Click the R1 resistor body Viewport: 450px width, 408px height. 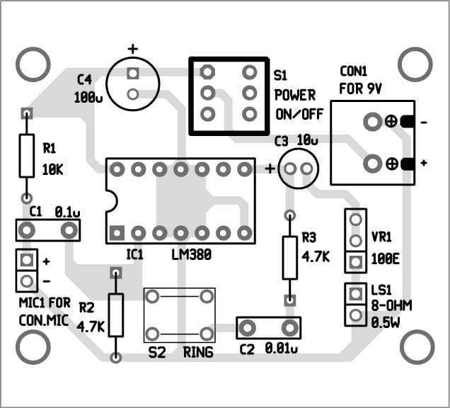[26, 156]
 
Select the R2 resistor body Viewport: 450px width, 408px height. [115, 314]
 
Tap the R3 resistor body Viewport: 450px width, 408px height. [289, 258]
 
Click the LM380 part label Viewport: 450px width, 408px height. [192, 253]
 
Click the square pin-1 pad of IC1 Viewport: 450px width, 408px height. [117, 232]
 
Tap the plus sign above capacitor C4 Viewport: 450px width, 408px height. [132, 50]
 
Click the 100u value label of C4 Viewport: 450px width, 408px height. [88, 98]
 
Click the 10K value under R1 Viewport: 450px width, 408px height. [54, 170]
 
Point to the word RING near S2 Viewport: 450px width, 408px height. [198, 352]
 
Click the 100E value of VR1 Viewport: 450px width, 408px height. [386, 259]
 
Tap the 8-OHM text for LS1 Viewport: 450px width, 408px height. [391, 305]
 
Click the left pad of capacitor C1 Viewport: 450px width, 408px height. [27, 230]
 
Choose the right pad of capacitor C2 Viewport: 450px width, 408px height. [289, 327]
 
